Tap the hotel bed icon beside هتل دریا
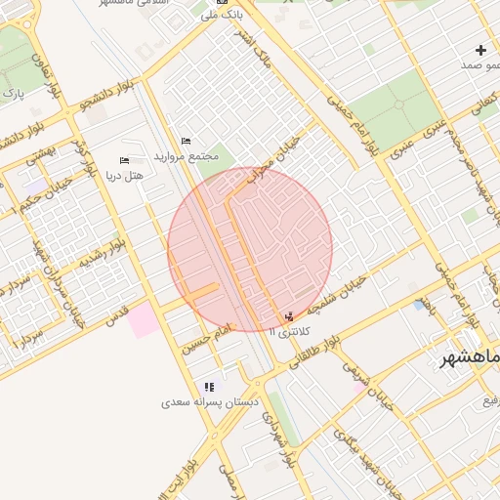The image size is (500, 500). click(x=124, y=160)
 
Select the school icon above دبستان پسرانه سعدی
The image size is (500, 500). click(x=209, y=387)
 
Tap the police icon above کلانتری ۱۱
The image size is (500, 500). click(x=288, y=317)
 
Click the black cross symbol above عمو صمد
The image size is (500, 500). click(x=480, y=50)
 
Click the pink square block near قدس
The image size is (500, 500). click(x=145, y=320)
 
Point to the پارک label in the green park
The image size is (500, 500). click(x=14, y=94)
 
